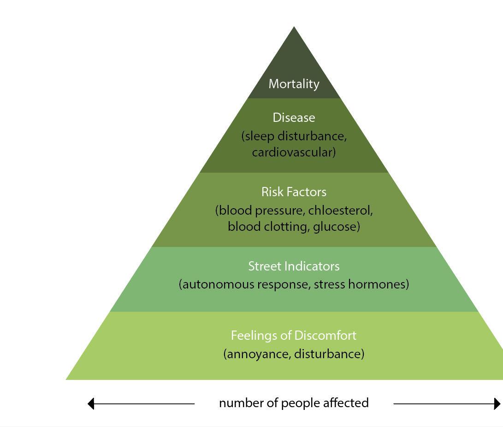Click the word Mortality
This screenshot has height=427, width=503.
294,84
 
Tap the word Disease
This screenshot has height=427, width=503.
294,118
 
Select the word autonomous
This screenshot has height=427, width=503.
218,284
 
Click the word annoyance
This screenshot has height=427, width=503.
257,354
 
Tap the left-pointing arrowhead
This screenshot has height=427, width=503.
91,403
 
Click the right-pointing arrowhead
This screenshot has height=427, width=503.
497,403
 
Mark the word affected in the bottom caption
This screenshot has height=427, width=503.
346,403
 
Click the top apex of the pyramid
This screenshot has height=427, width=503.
294,28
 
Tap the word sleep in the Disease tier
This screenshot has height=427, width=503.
260,137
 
